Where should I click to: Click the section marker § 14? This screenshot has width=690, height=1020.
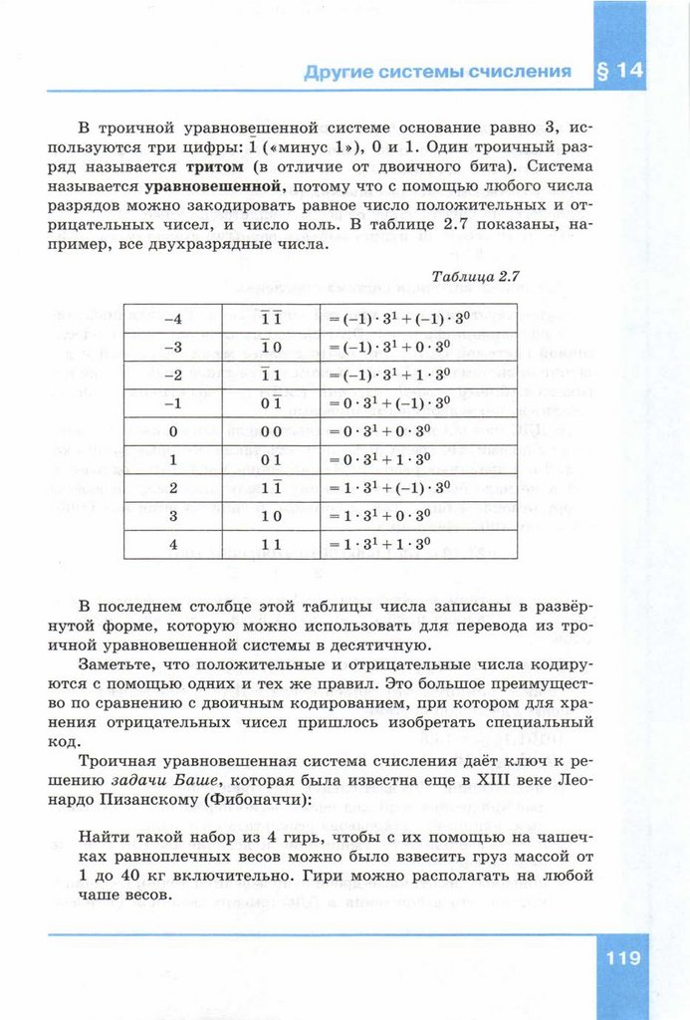coord(618,71)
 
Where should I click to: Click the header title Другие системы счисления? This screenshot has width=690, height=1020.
coord(437,72)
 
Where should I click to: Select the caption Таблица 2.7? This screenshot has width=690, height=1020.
coord(478,276)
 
